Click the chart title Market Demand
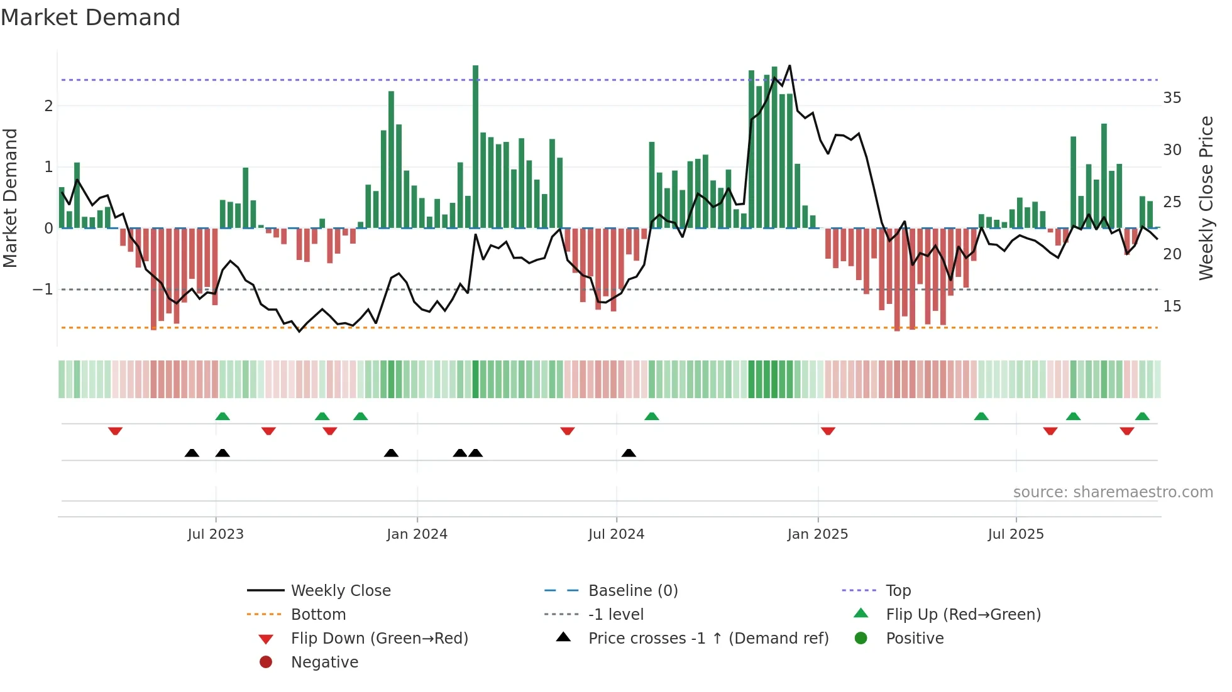pyautogui.click(x=91, y=18)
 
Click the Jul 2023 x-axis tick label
pyautogui.click(x=216, y=534)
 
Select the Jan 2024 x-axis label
pyautogui.click(x=417, y=534)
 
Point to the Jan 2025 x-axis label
pyautogui.click(x=817, y=534)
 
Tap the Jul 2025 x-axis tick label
pyautogui.click(x=1015, y=534)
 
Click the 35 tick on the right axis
pyautogui.click(x=1172, y=98)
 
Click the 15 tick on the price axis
pyautogui.click(x=1172, y=306)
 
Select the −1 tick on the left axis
pyautogui.click(x=43, y=289)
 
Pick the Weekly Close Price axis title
pyautogui.click(x=1206, y=198)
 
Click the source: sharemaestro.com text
pyautogui.click(x=1113, y=492)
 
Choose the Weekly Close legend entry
pyautogui.click(x=340, y=591)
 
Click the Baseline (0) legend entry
pyautogui.click(x=632, y=591)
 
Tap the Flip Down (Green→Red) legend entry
pyautogui.click(x=379, y=639)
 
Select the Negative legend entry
pyautogui.click(x=324, y=662)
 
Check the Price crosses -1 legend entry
pyautogui.click(x=708, y=639)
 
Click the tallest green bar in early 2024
pyautogui.click(x=475, y=144)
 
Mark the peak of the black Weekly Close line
pyautogui.click(x=789, y=66)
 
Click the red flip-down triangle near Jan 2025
pyautogui.click(x=828, y=431)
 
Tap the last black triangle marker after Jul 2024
pyautogui.click(x=629, y=453)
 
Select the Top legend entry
pyautogui.click(x=898, y=591)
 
